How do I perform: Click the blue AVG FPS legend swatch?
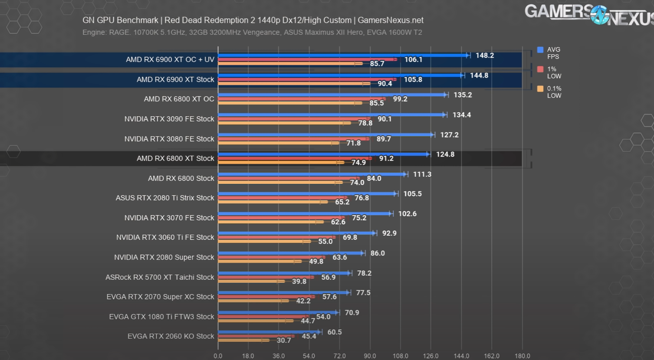(x=540, y=50)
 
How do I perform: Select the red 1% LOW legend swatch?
(x=540, y=69)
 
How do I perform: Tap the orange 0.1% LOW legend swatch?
(x=540, y=89)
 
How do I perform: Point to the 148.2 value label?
(x=484, y=56)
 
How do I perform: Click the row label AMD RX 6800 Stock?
(x=181, y=178)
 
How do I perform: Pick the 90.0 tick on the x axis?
(x=370, y=356)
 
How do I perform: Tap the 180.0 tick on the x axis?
(x=522, y=356)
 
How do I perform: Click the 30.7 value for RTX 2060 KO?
(x=284, y=340)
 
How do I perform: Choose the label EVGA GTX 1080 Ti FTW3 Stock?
(x=161, y=317)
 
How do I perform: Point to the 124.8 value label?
(x=445, y=154)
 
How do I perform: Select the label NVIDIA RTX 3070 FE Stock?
(x=169, y=218)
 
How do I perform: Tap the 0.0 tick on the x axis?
(x=218, y=356)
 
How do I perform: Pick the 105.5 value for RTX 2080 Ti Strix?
(x=412, y=194)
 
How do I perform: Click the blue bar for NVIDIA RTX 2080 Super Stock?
(x=291, y=253)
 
